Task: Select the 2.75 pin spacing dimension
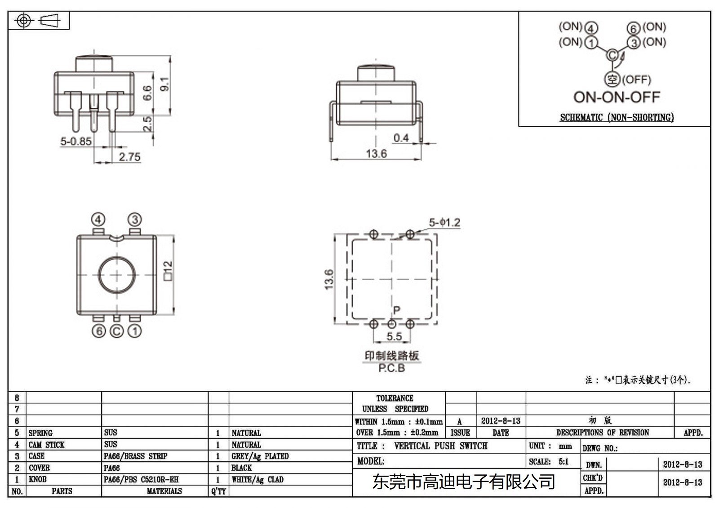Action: (129, 157)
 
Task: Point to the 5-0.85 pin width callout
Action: (76, 141)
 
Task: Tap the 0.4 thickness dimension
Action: (401, 138)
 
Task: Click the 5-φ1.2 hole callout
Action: (444, 222)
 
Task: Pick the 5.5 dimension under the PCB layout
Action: (394, 336)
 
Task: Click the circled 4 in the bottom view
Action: (98, 220)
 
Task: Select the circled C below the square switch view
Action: (116, 331)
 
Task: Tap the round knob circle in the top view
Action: (116, 275)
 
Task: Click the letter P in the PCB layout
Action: (396, 310)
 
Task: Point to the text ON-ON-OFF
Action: (616, 97)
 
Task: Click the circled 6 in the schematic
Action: (633, 28)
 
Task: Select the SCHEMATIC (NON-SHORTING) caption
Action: (617, 118)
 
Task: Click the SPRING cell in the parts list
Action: (40, 433)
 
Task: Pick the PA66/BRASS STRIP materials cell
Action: (135, 456)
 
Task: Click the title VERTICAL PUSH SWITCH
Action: (440, 446)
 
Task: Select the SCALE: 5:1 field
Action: (549, 462)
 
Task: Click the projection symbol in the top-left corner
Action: (38, 21)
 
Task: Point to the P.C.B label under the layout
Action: (391, 368)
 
